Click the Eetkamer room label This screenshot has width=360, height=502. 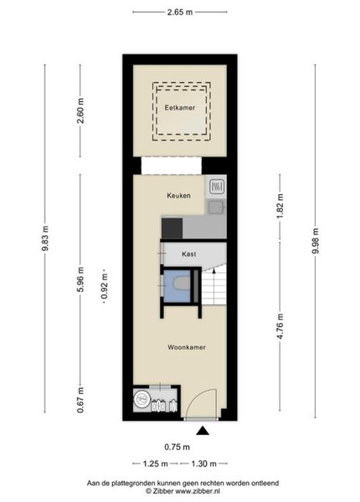tap(180, 108)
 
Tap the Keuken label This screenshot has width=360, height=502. tap(178, 195)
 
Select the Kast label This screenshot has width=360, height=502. tap(189, 254)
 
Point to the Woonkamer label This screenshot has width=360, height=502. tap(187, 347)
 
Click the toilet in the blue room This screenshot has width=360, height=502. tap(180, 284)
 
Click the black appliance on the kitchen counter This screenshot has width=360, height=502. tap(172, 228)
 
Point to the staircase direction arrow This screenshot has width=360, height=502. tap(213, 271)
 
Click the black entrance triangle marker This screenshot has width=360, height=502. tap(203, 431)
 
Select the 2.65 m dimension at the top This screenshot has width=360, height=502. tap(180, 13)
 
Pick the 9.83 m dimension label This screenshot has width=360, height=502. tap(45, 238)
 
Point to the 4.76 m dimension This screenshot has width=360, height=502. tap(280, 326)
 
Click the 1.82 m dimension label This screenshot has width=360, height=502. tap(280, 206)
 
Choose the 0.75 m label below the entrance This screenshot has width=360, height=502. tap(177, 447)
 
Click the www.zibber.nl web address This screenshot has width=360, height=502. tap(198, 491)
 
